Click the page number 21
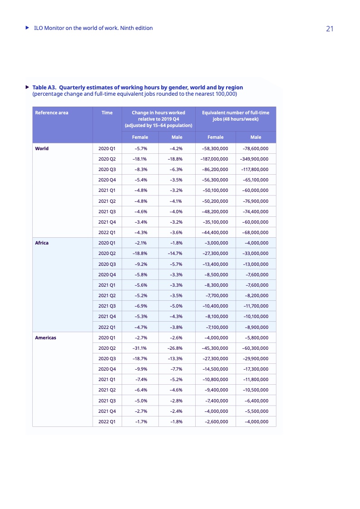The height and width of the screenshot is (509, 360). coord(330,29)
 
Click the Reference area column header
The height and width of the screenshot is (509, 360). coord(52,113)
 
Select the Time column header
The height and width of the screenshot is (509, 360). coord(107,113)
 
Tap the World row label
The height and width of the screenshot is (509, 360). coord(42,148)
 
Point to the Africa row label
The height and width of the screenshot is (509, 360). coord(42,243)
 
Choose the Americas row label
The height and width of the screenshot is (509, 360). coord(45,338)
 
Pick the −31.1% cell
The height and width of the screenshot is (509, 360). coord(139,348)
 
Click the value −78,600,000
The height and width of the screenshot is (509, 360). coord(256,148)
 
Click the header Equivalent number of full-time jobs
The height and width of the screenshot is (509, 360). coord(235,116)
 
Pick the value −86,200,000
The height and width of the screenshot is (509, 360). coord(216,169)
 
